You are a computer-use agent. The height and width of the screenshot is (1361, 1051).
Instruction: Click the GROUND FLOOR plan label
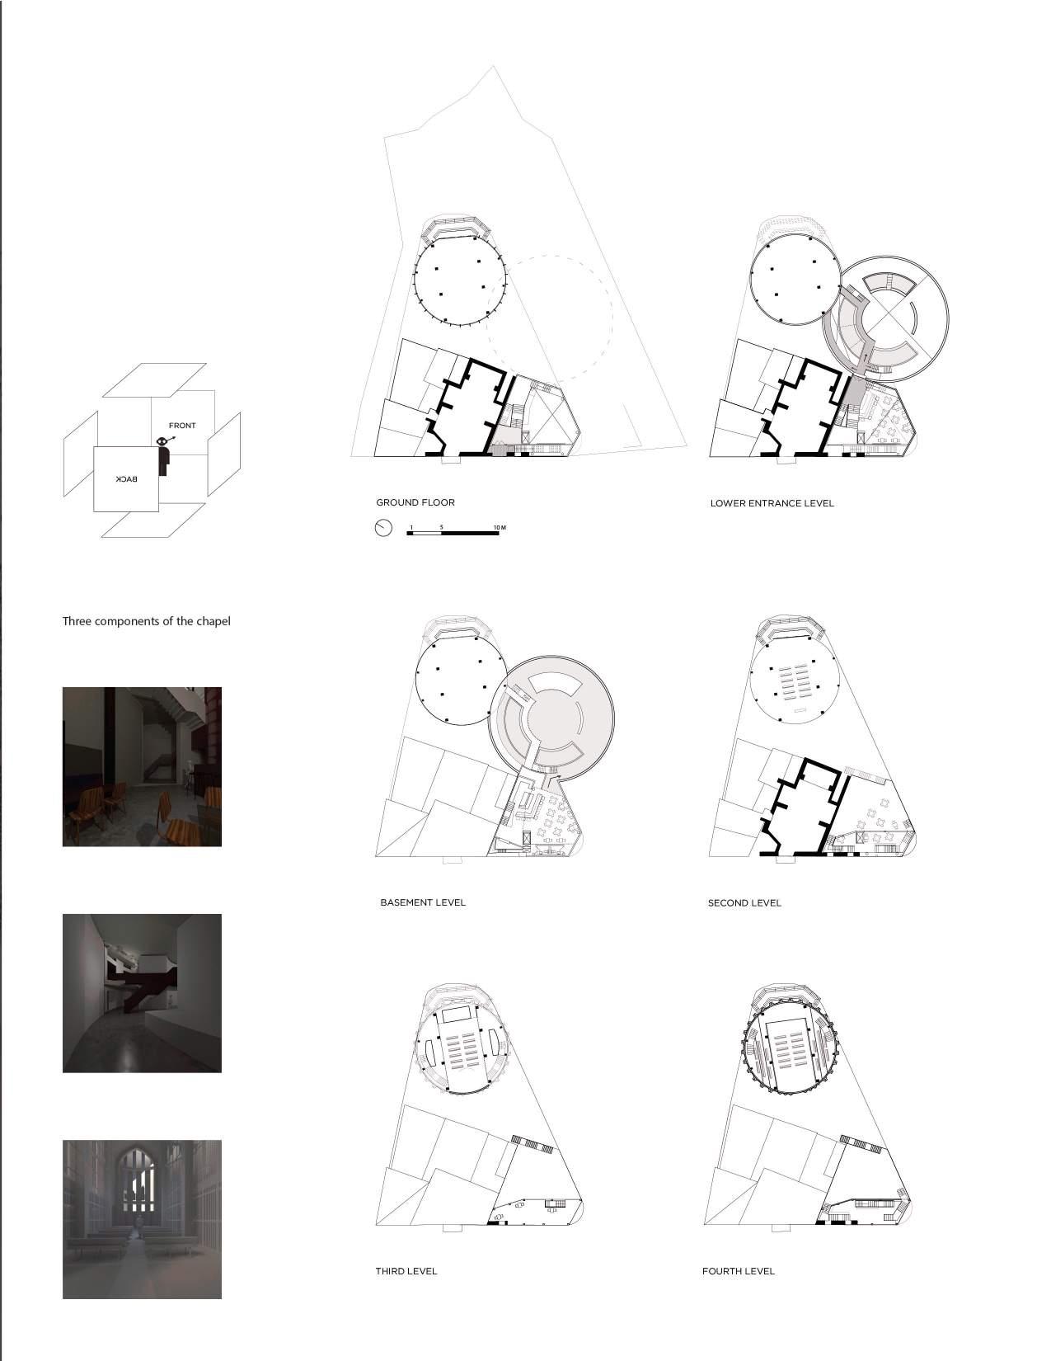415,502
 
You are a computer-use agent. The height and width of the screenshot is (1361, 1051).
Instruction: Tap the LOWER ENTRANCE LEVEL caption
772,503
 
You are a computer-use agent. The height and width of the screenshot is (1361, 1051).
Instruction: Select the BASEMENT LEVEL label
423,902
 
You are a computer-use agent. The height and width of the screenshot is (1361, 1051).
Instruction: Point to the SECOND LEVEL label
744,903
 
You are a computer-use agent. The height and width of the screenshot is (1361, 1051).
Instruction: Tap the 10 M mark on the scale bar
500,527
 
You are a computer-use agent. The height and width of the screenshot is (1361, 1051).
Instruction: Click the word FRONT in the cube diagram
182,426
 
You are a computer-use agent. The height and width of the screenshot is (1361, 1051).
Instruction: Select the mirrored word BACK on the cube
126,479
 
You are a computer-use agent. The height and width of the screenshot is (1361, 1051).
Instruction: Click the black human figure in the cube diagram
162,457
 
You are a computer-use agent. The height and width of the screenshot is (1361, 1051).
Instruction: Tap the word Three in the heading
77,621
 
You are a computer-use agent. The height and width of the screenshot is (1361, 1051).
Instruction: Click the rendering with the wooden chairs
142,766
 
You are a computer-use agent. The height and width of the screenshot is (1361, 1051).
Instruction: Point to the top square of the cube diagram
155,380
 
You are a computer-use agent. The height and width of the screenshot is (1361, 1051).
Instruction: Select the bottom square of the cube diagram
153,520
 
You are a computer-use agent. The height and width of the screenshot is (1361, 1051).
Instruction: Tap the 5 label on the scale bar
441,527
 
